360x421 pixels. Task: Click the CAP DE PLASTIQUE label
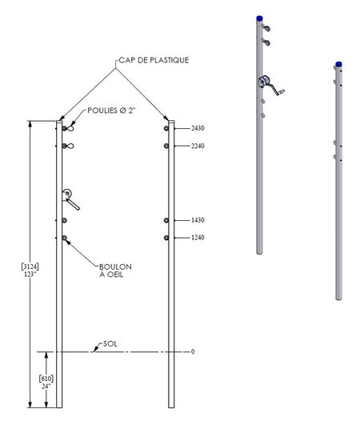click(x=154, y=60)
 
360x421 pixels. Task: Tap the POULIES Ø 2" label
click(x=111, y=110)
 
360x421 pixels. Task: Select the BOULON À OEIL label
click(x=115, y=271)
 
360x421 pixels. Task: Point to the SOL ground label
click(x=110, y=344)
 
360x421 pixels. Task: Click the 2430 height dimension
click(x=198, y=128)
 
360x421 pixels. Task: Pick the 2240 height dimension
click(x=198, y=146)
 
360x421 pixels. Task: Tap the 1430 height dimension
click(x=198, y=220)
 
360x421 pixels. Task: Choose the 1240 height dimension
click(x=198, y=238)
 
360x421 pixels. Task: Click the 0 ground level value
click(x=193, y=351)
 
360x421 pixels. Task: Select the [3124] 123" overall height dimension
click(x=30, y=271)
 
